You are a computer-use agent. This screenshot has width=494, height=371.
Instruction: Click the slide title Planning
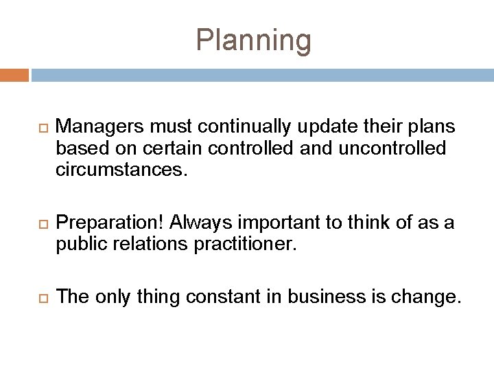(253, 41)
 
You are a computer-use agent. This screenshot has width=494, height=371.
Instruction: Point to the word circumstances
(121, 168)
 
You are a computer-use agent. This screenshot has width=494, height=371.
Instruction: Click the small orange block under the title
(14, 74)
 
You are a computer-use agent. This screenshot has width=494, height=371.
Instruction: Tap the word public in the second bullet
(78, 243)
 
